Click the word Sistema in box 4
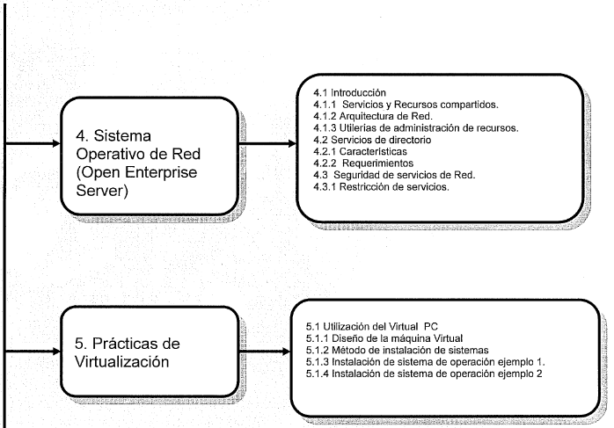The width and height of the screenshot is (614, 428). (122, 135)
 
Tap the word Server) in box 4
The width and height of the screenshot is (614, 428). (102, 191)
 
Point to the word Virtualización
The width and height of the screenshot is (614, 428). (121, 362)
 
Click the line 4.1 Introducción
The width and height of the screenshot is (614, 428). (349, 93)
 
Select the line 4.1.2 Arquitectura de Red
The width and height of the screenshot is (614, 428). (373, 116)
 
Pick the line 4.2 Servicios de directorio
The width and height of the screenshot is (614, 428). (372, 140)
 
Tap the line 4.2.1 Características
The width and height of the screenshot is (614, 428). (360, 151)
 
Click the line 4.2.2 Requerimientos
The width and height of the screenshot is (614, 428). (363, 163)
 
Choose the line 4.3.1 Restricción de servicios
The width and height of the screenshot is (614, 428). (381, 186)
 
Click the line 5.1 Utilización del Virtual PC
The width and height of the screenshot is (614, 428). (371, 326)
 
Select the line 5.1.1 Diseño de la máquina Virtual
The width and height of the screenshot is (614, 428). (384, 338)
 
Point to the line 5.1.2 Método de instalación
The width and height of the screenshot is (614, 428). (397, 350)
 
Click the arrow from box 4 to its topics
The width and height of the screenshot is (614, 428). (267, 143)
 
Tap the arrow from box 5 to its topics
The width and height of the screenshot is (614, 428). (265, 352)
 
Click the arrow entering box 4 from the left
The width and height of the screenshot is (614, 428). (33, 143)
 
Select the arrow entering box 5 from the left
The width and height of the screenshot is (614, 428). (33, 351)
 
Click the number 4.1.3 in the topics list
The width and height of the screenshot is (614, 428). (325, 128)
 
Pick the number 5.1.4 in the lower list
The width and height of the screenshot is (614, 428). (318, 374)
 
